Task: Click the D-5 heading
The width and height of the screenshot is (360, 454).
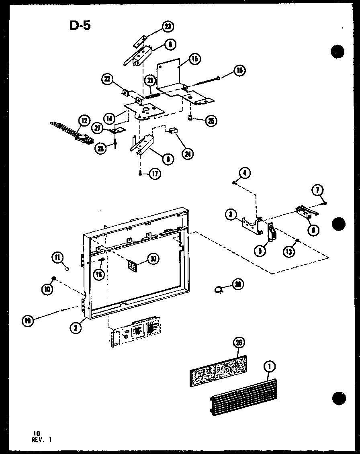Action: tap(80, 25)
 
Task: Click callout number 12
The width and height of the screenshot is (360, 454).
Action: tap(84, 120)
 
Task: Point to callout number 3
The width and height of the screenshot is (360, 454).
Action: tap(231, 215)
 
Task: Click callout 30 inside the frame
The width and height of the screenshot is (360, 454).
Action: tap(152, 259)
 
